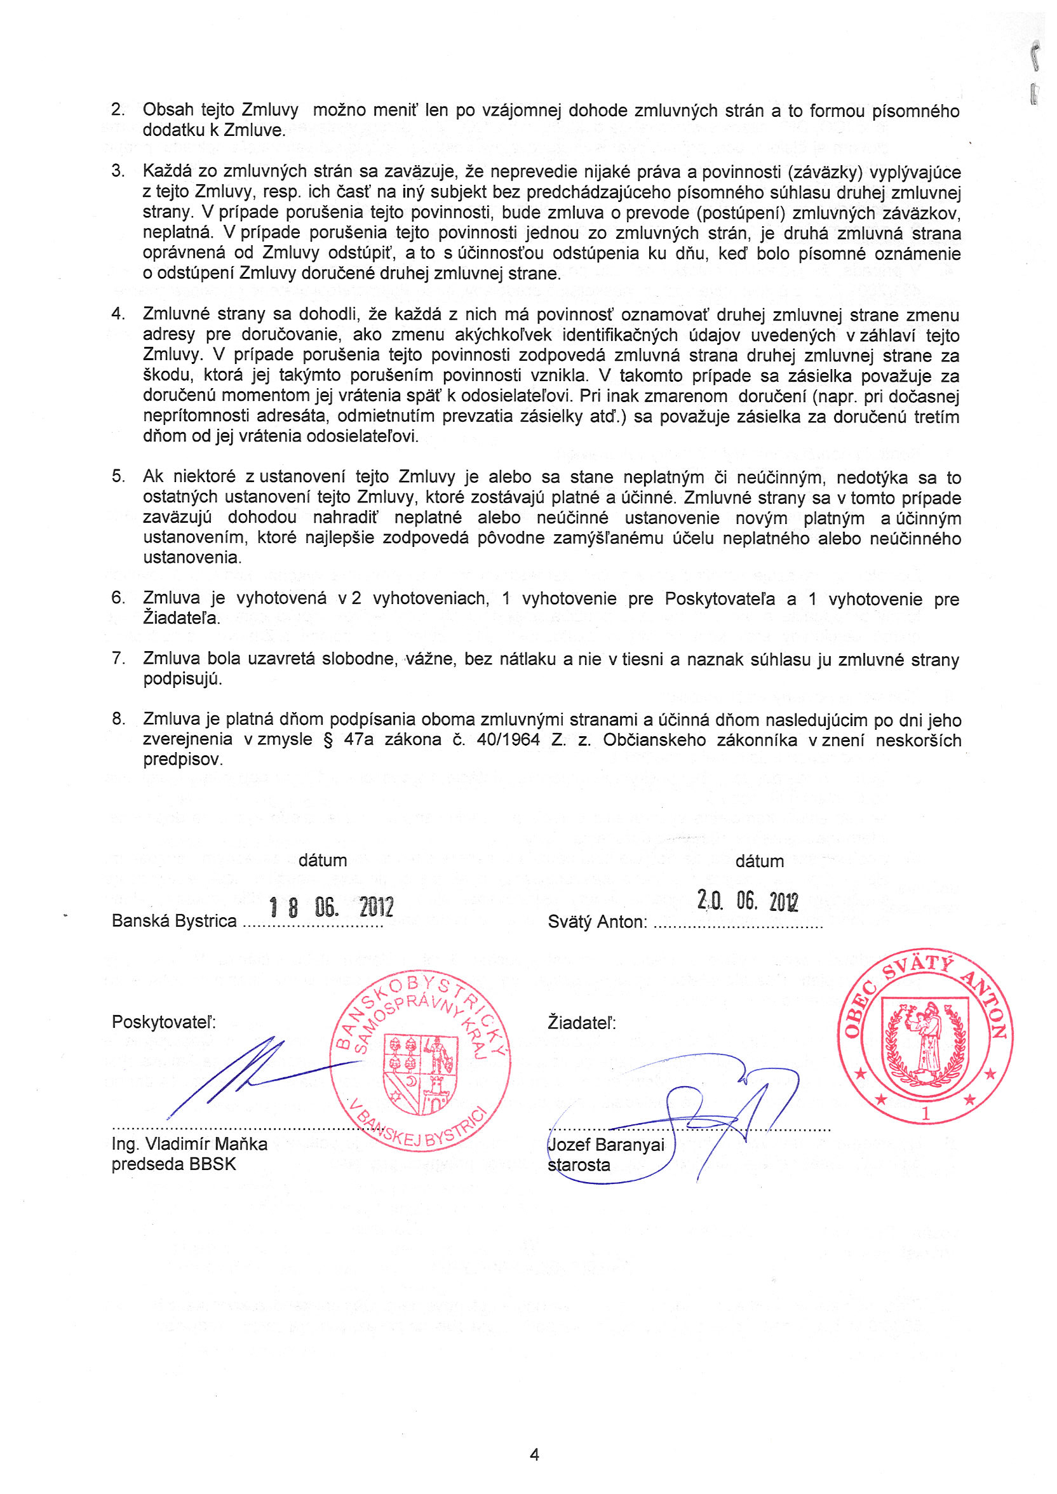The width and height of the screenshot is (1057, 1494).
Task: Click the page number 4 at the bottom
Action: [534, 1455]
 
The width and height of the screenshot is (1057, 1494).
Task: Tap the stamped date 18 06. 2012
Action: [332, 906]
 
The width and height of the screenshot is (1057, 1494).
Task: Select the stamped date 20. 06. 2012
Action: [747, 901]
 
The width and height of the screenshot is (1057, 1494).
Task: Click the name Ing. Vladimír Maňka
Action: [189, 1144]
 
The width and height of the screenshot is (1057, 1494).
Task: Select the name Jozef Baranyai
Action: [606, 1145]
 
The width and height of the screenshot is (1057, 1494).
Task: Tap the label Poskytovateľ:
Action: [163, 1021]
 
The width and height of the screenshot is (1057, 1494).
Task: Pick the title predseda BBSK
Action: [174, 1164]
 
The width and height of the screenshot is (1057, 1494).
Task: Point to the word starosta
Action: [579, 1165]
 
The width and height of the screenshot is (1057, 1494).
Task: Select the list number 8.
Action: [118, 718]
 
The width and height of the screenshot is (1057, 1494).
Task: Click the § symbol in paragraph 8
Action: [328, 740]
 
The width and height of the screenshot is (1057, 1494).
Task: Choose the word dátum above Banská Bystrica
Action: [322, 860]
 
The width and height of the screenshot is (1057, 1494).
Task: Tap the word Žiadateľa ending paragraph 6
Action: [182, 617]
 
